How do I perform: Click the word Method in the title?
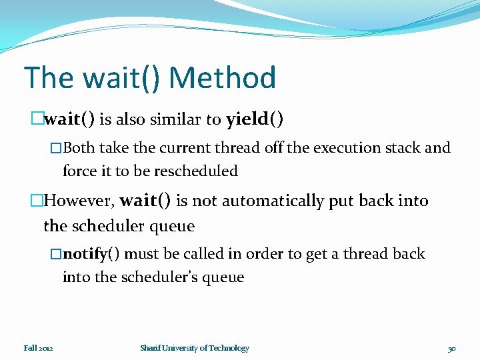[223, 78]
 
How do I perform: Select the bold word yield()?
[255, 119]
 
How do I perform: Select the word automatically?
[273, 201]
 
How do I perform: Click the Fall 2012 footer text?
[39, 348]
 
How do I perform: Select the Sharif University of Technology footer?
[195, 348]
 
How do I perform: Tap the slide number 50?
[451, 348]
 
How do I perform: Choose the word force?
[77, 171]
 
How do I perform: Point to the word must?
[141, 254]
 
